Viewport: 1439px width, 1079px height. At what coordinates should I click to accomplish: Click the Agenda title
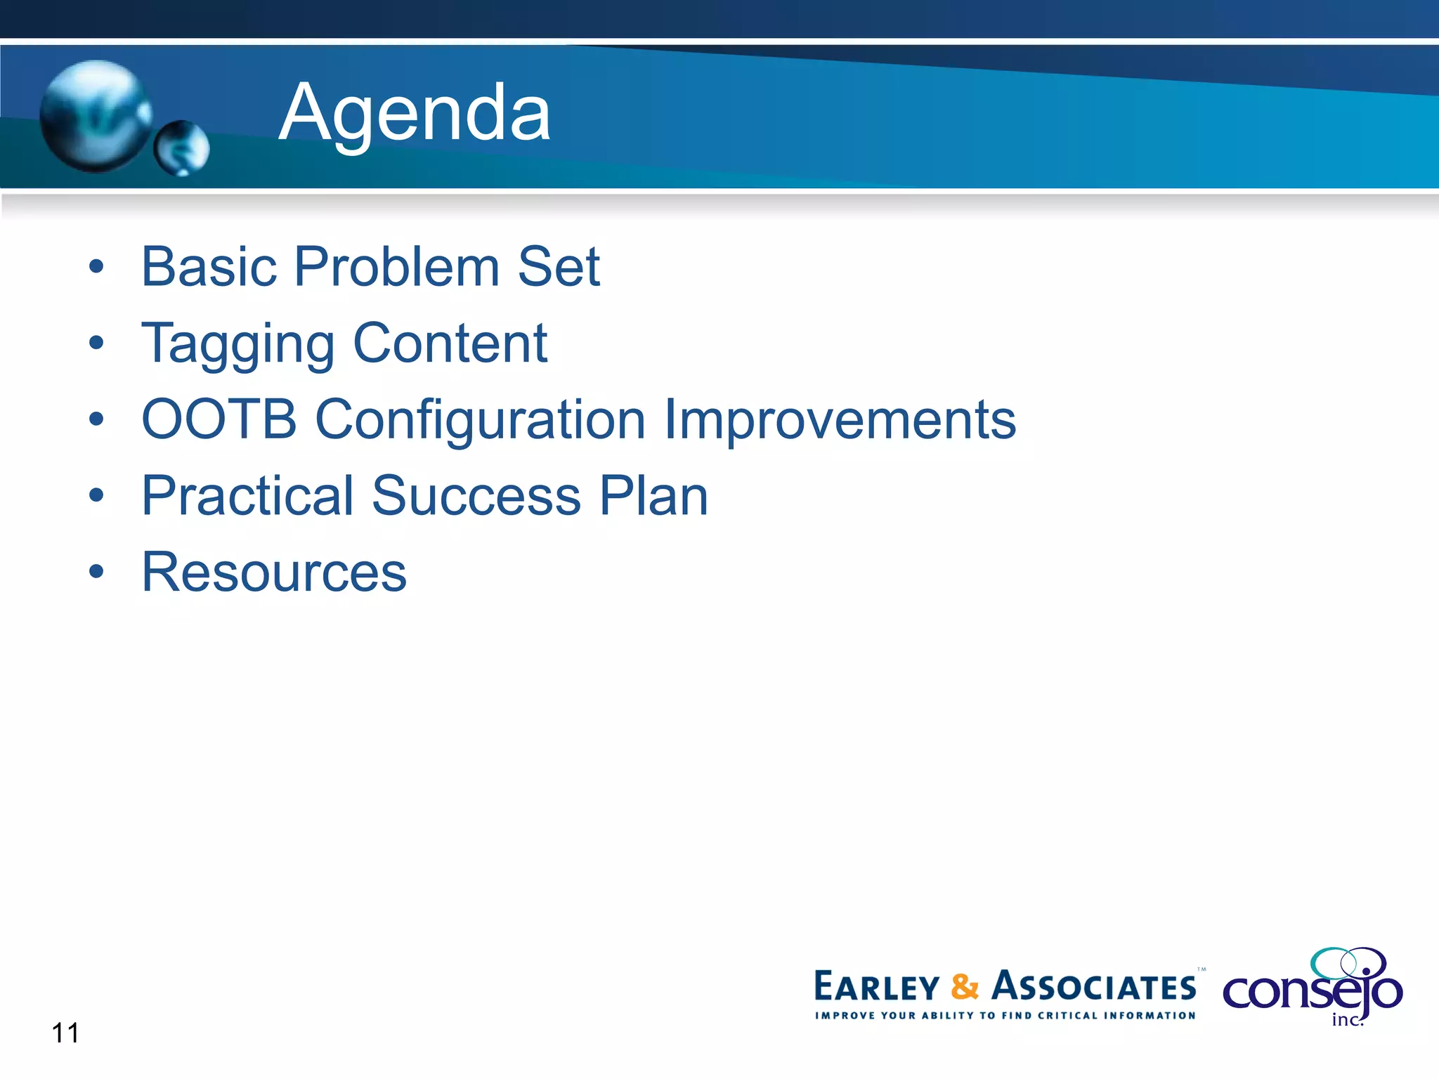click(x=415, y=112)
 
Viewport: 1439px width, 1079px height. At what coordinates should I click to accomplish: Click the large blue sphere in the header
click(x=95, y=116)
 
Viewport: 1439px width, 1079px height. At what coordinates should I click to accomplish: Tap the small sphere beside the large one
click(x=182, y=148)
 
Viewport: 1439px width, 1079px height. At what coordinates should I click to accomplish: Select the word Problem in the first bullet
click(x=397, y=267)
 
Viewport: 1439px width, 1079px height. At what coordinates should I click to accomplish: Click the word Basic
click(x=209, y=267)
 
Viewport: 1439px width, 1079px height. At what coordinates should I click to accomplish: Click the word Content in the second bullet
click(x=450, y=343)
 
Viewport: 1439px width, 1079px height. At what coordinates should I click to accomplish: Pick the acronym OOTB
click(x=219, y=419)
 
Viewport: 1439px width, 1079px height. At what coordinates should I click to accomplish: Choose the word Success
click(x=476, y=496)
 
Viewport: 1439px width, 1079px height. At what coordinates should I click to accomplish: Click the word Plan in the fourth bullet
click(x=653, y=496)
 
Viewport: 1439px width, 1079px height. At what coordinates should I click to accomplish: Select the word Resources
click(x=274, y=573)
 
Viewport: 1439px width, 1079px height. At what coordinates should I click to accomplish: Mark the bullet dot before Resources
click(x=96, y=572)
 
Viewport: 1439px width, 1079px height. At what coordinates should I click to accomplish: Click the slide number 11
click(x=65, y=1033)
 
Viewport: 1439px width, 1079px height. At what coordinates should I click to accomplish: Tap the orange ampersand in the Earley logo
click(x=965, y=986)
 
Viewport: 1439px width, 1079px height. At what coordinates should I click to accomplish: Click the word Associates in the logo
click(x=1093, y=986)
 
